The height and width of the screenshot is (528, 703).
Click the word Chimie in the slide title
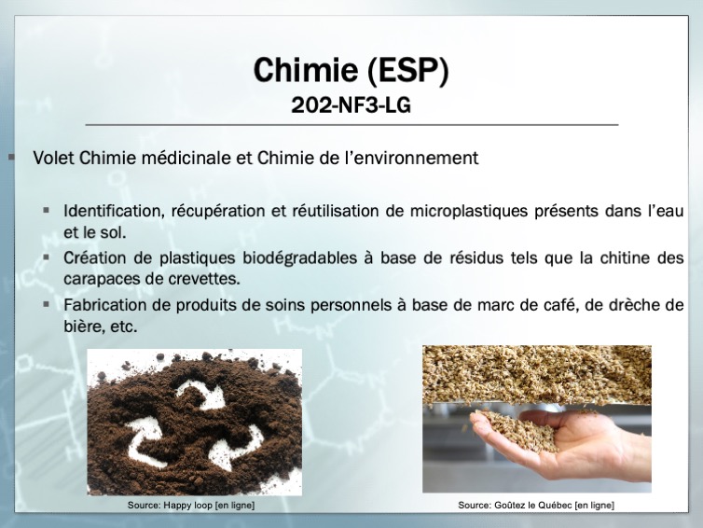306,70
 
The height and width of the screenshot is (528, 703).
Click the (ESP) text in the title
408,70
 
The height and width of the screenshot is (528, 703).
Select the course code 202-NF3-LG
351,105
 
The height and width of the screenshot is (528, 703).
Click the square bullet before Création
47,257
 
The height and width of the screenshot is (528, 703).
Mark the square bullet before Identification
47,210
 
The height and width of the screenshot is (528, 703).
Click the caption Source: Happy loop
191,505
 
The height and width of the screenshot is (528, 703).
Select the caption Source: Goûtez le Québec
536,505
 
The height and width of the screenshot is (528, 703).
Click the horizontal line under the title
351,125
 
